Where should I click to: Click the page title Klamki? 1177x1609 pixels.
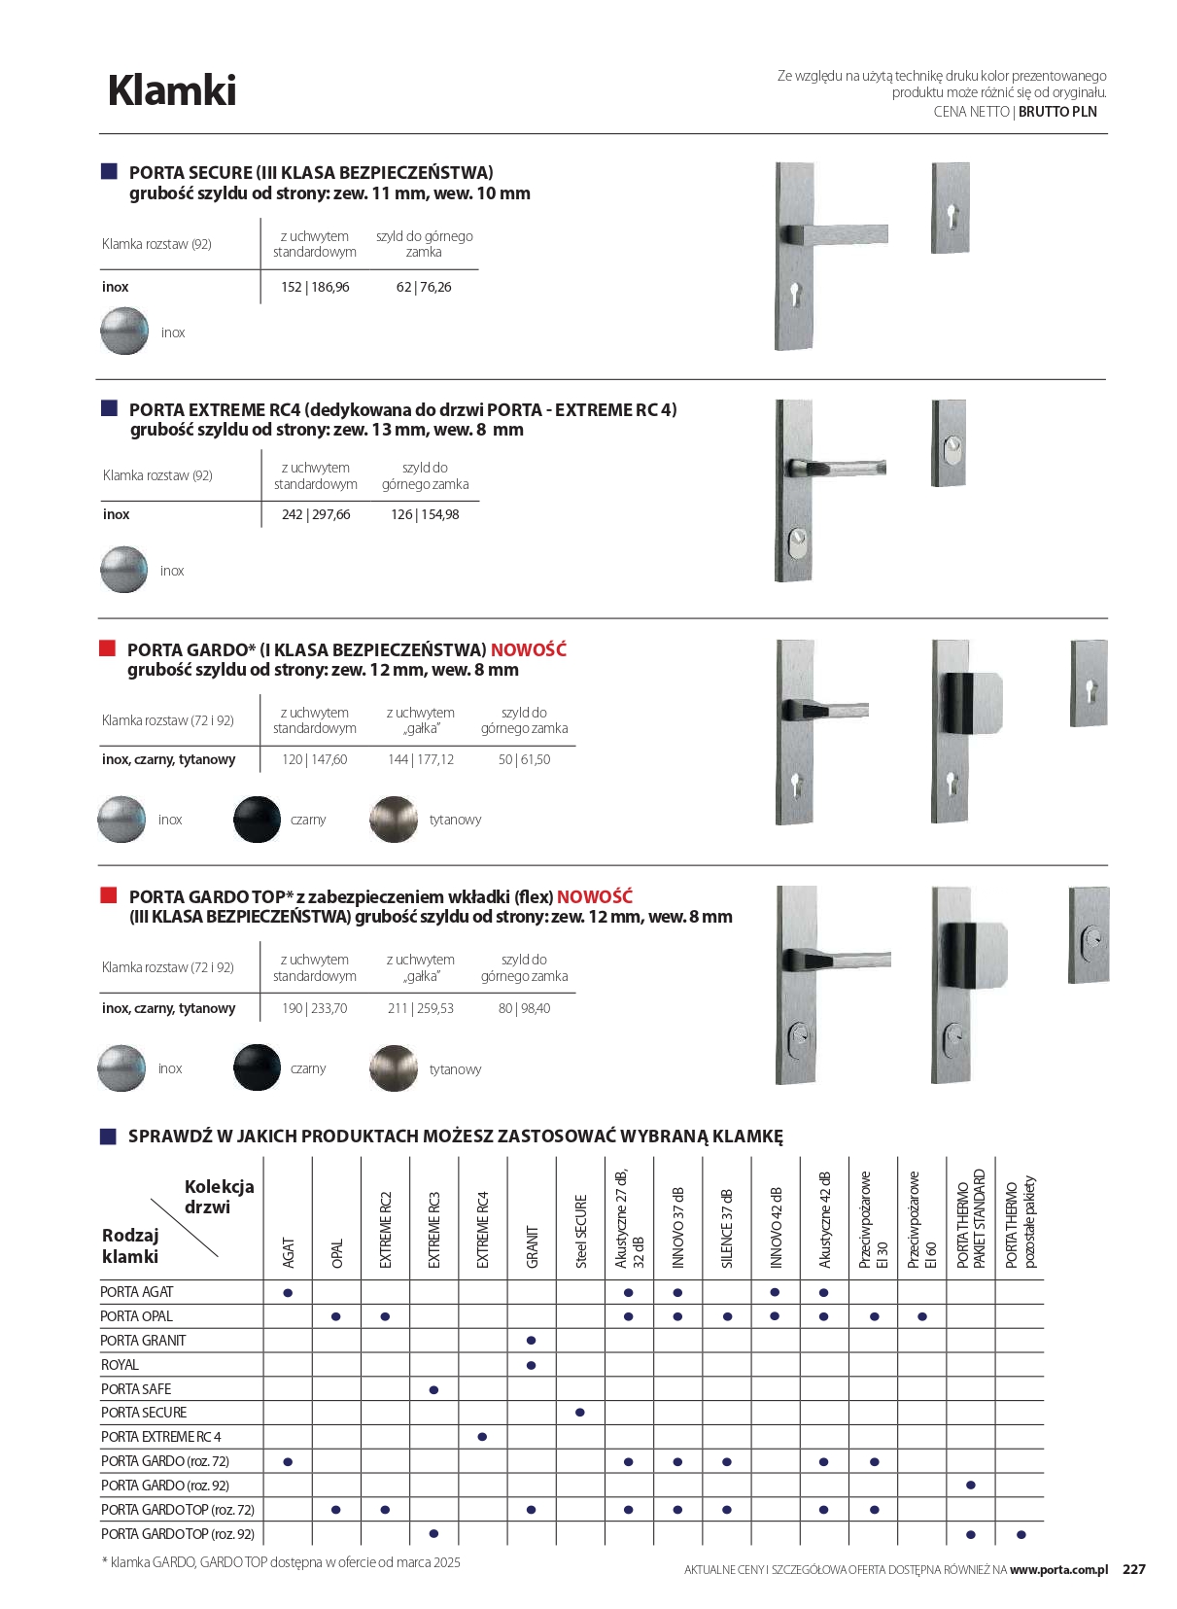point(172,90)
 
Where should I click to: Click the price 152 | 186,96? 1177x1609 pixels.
point(315,287)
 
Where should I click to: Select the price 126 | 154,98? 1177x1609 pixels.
point(425,514)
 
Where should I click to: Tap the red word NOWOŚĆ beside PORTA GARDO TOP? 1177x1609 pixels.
point(594,896)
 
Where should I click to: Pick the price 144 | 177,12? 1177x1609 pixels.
point(420,759)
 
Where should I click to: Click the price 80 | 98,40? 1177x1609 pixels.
point(524,1008)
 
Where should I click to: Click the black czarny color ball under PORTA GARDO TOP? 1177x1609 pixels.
point(257,1067)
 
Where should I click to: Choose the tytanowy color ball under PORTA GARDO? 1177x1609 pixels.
point(394,819)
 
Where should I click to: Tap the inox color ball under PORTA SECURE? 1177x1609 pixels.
point(124,331)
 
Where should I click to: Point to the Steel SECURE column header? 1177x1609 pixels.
point(581,1231)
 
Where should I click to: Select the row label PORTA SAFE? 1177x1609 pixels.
point(136,1389)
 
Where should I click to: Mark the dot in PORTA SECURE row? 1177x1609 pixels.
point(580,1413)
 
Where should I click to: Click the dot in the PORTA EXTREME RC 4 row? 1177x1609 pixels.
point(483,1437)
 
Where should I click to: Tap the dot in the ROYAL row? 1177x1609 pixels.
point(531,1365)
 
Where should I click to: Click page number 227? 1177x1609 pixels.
point(1134,1569)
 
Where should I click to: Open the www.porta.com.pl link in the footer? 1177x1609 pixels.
point(1058,1569)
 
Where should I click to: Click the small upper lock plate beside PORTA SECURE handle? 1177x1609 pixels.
point(951,207)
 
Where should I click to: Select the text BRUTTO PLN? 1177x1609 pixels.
point(1057,112)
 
